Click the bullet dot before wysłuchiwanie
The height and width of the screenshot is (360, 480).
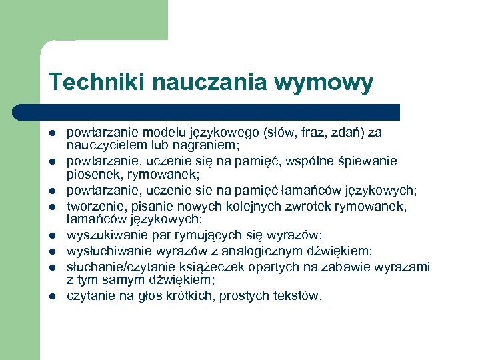pyautogui.click(x=51, y=251)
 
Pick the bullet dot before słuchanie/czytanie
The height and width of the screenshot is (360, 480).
pyautogui.click(x=51, y=267)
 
